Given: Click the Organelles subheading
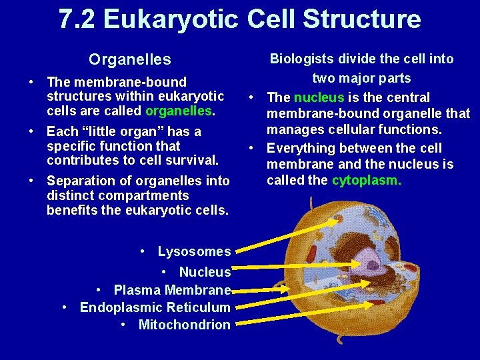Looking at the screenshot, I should click(x=130, y=59).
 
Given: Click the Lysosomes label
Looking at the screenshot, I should click(x=194, y=251).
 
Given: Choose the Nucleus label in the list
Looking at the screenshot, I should click(x=205, y=272).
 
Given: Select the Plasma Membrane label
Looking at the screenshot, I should click(x=172, y=290).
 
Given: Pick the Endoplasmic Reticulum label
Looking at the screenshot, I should click(x=155, y=307).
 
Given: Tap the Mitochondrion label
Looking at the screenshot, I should click(x=184, y=325).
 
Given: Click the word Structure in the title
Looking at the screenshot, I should click(x=362, y=19).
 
